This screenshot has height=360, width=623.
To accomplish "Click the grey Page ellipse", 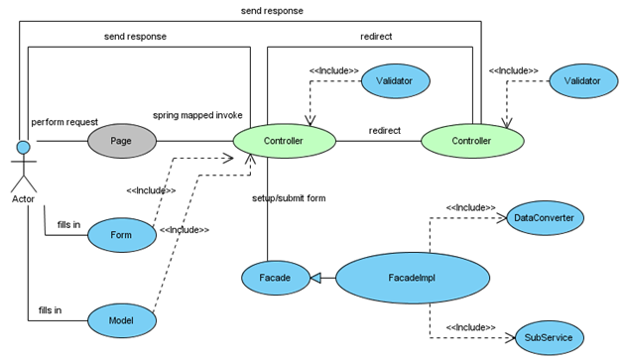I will coord(121,141).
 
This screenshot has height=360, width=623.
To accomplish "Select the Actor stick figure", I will coord(21,169).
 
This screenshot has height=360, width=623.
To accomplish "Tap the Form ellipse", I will coord(122,235).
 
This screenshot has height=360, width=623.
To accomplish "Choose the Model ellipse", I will coord(122,320).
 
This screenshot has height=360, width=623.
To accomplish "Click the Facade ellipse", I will coord(268,279).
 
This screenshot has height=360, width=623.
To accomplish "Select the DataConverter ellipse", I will coord(542,216).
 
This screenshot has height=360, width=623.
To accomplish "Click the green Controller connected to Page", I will coord(284,141).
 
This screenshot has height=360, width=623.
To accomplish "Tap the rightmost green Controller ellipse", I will coord(471,141).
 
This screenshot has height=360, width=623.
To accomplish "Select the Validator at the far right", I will coord(582,80).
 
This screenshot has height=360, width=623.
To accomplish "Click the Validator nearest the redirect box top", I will coord(395,80).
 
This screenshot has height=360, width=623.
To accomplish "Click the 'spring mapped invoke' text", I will coord(197,115).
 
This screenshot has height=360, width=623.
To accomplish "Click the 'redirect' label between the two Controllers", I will coord(385,130).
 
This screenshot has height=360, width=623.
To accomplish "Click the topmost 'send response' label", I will coord(272,10).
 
